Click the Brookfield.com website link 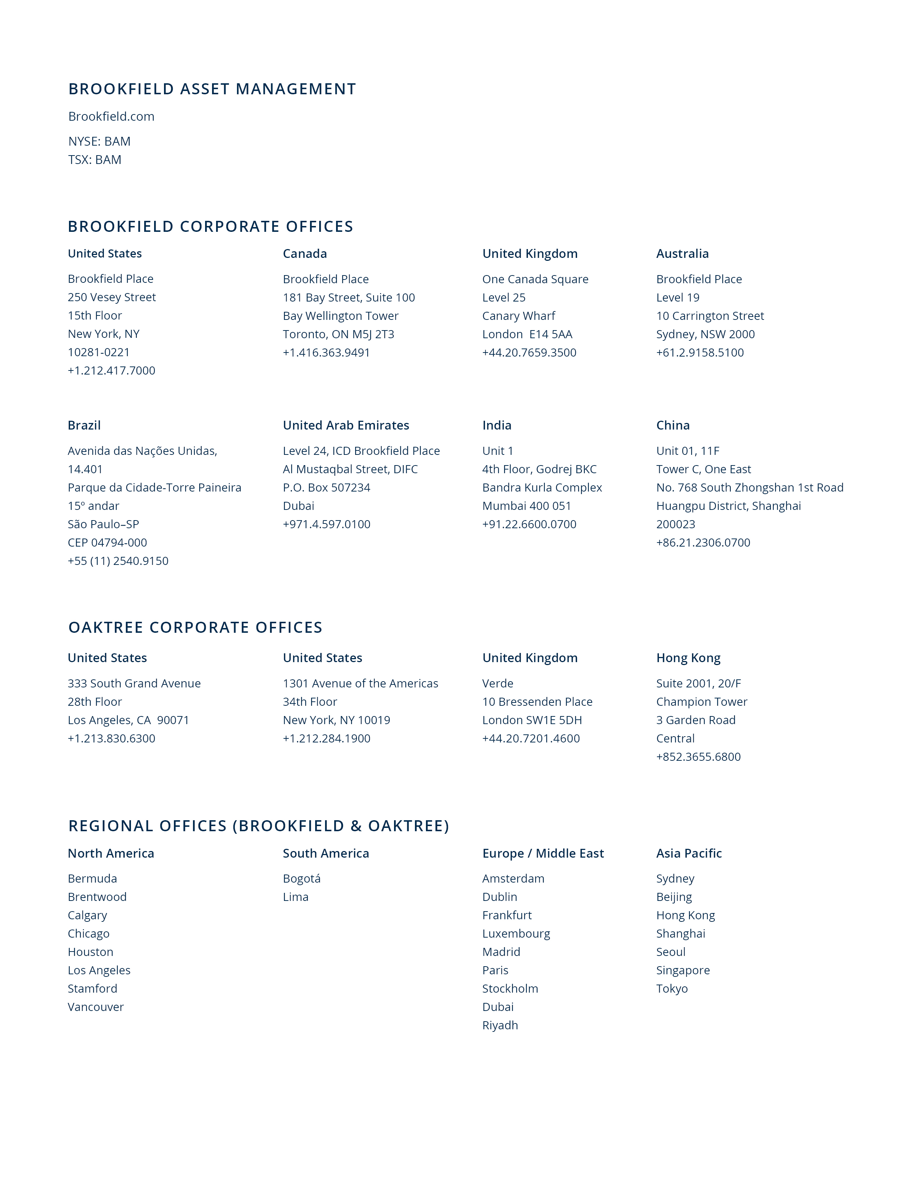pyautogui.click(x=111, y=116)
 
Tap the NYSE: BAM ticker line pyautogui.click(x=99, y=141)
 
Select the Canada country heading pyautogui.click(x=305, y=253)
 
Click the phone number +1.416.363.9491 pyautogui.click(x=327, y=353)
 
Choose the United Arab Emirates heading pyautogui.click(x=346, y=425)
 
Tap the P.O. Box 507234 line pyautogui.click(x=327, y=488)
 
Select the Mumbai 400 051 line pyautogui.click(x=526, y=506)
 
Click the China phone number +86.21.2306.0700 pyautogui.click(x=703, y=543)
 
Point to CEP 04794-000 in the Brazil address pyautogui.click(x=107, y=543)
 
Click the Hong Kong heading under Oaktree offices pyautogui.click(x=688, y=658)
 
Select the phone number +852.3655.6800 pyautogui.click(x=698, y=757)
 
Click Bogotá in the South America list pyautogui.click(x=302, y=879)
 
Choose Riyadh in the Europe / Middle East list pyautogui.click(x=500, y=1025)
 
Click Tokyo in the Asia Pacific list pyautogui.click(x=672, y=989)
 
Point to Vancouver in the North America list pyautogui.click(x=96, y=1007)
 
